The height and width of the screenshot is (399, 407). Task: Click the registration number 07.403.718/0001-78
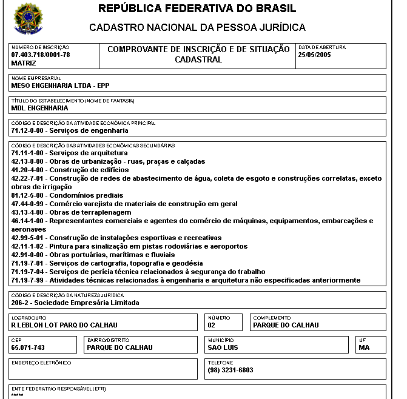coord(41,55)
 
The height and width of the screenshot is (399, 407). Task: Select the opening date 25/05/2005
coord(314,55)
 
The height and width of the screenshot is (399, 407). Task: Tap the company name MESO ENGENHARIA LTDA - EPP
coord(59,85)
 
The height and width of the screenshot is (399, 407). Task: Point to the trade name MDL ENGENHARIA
coord(39,108)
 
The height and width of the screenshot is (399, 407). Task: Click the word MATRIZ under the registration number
coord(24,63)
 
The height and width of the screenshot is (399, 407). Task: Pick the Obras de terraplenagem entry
coord(71,213)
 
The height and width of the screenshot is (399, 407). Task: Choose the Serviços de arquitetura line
coord(69,153)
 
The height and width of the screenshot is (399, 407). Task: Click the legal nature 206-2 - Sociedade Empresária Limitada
coord(75,303)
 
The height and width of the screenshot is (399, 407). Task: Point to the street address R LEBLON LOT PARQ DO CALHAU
coord(64,325)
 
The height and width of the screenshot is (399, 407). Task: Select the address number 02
coord(212,325)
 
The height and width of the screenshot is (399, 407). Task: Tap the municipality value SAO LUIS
coord(223,347)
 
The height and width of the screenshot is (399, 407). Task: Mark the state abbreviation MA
coord(364,347)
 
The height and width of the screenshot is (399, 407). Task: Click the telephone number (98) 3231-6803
coord(230,370)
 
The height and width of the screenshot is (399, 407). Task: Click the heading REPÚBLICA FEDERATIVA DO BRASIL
coord(197,9)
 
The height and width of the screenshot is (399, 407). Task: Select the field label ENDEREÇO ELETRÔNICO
coord(41,363)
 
